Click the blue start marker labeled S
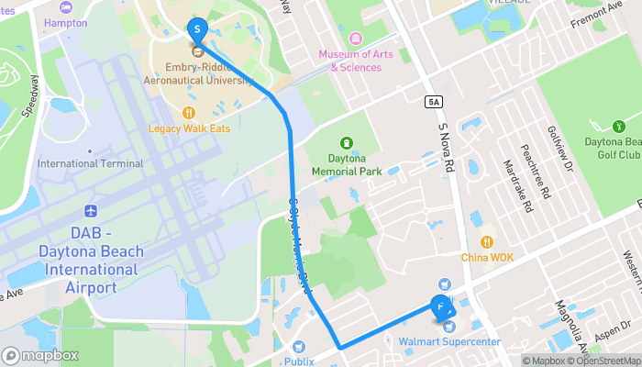coord(196,29)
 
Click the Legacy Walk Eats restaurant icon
coord(189,113)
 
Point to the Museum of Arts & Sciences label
coord(356,61)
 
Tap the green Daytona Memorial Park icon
coord(347,143)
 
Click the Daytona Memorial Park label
coord(347,165)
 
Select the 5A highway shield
coord(434,99)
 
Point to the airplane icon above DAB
coord(89,212)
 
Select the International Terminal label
coord(90,163)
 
